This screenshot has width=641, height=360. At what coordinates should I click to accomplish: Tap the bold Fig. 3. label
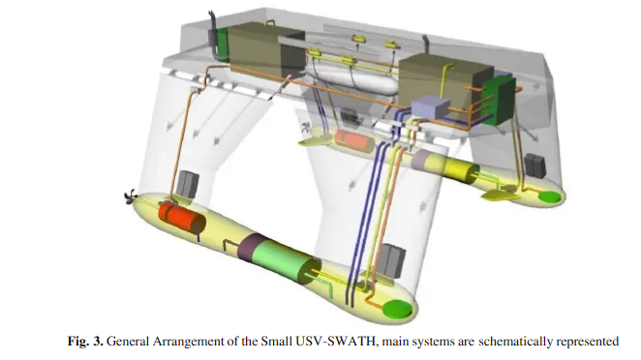coord(85,341)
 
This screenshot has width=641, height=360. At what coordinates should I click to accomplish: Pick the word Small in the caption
coord(276,341)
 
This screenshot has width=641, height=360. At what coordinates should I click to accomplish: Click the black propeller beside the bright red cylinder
coord(131,198)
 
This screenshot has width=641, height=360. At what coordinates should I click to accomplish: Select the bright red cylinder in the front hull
coord(182,219)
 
